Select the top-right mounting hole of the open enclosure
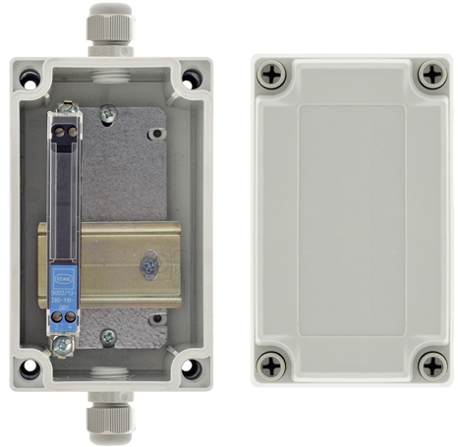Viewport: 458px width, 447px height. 193,76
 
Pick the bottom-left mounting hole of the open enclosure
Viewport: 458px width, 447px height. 29,369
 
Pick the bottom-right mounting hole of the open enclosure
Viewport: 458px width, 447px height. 192,369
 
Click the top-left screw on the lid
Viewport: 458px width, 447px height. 272,73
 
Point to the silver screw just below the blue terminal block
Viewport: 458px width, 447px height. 64,344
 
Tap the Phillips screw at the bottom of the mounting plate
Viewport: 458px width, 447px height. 108,336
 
